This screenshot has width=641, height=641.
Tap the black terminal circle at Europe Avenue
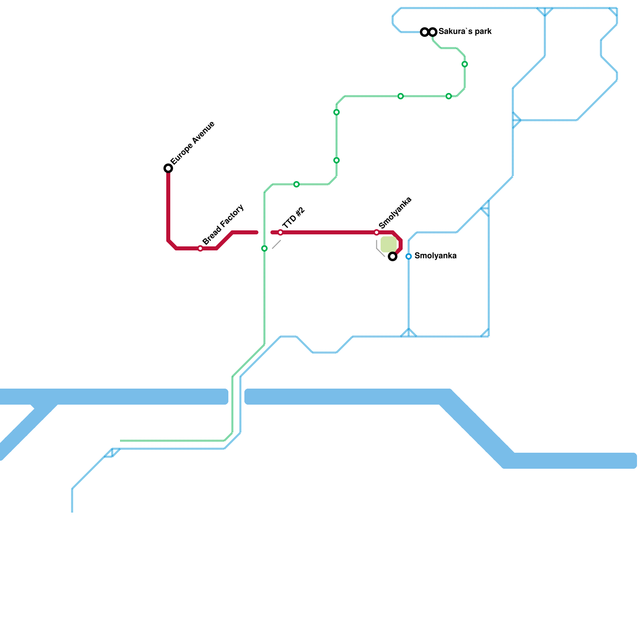pos(168,168)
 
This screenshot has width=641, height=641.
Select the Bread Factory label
pos(223,225)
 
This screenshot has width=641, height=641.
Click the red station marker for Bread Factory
pos(200,248)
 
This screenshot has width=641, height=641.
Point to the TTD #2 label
pos(294,218)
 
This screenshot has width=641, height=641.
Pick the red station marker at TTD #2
pos(280,232)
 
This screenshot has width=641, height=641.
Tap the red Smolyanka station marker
pos(377,232)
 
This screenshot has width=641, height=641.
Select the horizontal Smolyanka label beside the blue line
pos(435,256)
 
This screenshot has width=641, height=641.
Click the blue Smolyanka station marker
pos(409,256)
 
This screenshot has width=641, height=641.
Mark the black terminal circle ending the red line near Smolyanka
pos(393,256)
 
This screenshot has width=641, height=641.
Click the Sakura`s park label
pos(465,31)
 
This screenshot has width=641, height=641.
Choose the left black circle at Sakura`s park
pos(425,32)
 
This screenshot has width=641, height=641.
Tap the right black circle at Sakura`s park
pos(433,32)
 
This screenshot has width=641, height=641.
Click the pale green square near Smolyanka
pos(388,244)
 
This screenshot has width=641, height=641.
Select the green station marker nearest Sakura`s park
pos(465,64)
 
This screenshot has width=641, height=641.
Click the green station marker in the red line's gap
pos(264,248)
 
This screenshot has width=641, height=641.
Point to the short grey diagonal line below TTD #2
pos(276,244)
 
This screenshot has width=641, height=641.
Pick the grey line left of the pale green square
pos(379,249)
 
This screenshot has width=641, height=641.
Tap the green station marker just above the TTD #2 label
pos(296,184)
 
